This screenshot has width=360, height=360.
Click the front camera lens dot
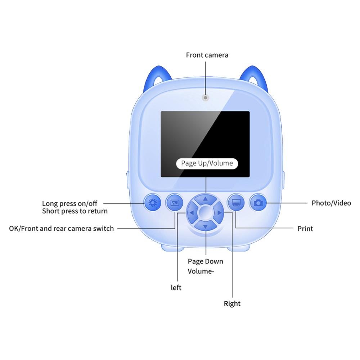pos(206,98)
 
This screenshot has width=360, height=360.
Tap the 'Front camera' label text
pos(207,55)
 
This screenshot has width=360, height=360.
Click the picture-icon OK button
pos(175,202)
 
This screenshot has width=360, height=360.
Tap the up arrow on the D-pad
pos(206,199)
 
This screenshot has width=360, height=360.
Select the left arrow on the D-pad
pos(192,213)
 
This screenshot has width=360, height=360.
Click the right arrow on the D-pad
pos(219,213)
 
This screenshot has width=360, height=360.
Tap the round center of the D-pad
pos(206,213)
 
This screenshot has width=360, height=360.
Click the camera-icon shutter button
pos(258,202)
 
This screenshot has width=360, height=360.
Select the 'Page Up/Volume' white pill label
pos(207,163)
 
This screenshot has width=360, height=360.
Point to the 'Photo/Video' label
pos(331,203)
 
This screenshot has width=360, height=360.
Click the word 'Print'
pos(305,229)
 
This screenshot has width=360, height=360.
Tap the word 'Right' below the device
pos(232,303)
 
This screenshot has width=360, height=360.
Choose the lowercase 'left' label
pos(176,287)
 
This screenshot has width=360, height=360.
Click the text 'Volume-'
pos(201,271)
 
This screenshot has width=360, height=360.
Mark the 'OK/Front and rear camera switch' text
pos(61,229)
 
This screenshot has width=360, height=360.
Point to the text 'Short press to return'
pos(75,211)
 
